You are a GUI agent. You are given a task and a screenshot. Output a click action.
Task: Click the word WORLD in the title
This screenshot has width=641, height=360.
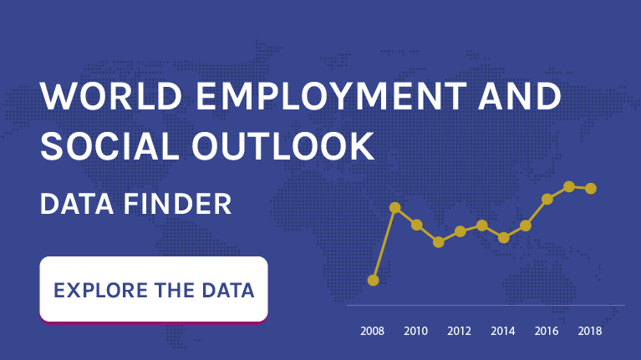point(111,96)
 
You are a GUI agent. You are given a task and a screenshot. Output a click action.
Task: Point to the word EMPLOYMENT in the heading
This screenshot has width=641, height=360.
point(332,96)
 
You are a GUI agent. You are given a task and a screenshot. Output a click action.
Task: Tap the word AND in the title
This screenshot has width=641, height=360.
point(520,96)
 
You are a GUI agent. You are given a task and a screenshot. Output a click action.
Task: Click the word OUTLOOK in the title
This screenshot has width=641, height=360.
point(282,146)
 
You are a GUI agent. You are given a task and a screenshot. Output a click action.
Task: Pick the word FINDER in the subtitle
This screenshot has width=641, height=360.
point(177,204)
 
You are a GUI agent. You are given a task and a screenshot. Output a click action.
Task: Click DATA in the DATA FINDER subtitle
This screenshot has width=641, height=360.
point(77,204)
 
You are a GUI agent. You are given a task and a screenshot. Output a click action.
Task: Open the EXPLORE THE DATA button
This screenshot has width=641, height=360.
point(154,289)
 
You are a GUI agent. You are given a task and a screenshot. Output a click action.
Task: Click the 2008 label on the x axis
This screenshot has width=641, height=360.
point(372,331)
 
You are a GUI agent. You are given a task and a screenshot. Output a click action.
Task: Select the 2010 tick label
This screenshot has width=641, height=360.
point(415,331)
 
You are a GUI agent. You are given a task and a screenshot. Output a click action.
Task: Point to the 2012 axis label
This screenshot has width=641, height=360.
point(459,331)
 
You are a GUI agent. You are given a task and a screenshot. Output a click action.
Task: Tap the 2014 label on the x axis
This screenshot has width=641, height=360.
point(503,331)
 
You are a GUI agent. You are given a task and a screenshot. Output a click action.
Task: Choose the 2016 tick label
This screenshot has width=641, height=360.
point(547,331)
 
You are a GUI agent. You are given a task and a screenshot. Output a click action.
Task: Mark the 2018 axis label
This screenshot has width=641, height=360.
point(590,331)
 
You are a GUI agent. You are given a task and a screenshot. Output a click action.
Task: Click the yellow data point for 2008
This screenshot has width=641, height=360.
point(374,281)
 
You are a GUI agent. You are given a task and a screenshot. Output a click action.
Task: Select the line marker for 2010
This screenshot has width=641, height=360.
point(416,225)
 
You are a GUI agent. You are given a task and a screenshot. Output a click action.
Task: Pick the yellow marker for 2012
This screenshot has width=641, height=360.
point(460,231)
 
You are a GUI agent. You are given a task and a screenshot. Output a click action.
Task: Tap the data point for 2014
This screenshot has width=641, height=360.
point(504,238)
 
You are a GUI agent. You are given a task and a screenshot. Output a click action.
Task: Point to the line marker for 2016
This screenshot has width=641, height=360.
point(547,200)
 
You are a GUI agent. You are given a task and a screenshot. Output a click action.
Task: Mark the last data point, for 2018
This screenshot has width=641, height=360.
point(591,189)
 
